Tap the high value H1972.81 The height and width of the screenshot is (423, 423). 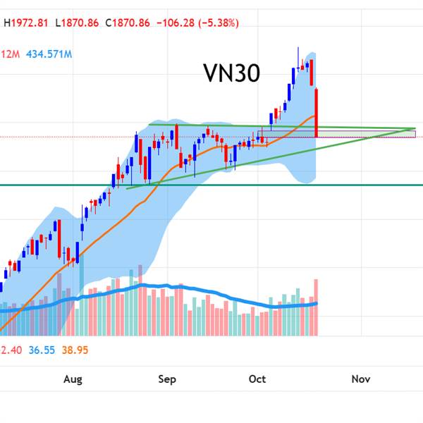coord(27,23)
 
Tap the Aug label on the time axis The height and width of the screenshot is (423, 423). coord(73,380)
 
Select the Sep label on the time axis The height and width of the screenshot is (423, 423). coord(166,380)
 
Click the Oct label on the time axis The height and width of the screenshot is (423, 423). coord(257,380)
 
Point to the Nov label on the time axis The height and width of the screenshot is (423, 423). coord(361,380)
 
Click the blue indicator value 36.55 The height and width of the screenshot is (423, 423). coord(39,350)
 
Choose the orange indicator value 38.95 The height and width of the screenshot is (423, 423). coord(74,350)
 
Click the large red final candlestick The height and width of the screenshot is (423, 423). coord(317,113)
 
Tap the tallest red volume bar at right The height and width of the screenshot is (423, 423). coord(317,307)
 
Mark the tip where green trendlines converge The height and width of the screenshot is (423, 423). coord(414,129)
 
